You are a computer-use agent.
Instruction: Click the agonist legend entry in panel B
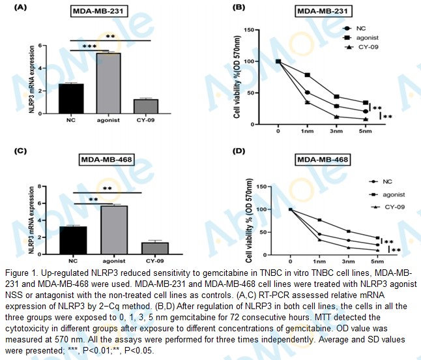click(366, 38)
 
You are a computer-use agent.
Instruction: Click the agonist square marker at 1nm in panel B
click(308, 75)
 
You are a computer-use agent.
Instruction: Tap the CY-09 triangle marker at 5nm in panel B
click(366, 119)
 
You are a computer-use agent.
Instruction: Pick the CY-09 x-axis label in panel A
click(144, 121)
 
